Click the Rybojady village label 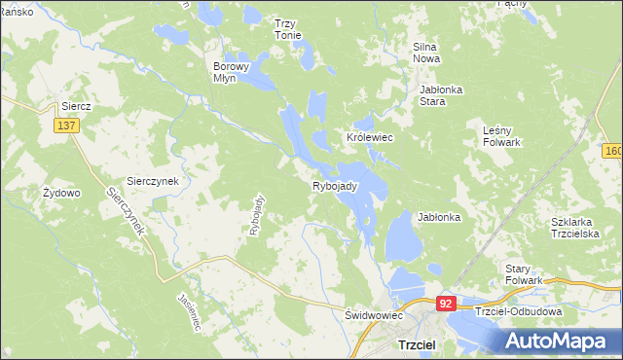click(x=336, y=186)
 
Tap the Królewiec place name click(x=370, y=138)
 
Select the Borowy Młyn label click(x=232, y=73)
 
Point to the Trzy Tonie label click(x=287, y=29)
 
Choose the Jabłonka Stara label click(x=440, y=94)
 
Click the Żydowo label click(x=61, y=193)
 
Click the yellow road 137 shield click(x=66, y=126)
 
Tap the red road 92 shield click(x=446, y=304)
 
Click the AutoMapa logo click(x=559, y=342)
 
